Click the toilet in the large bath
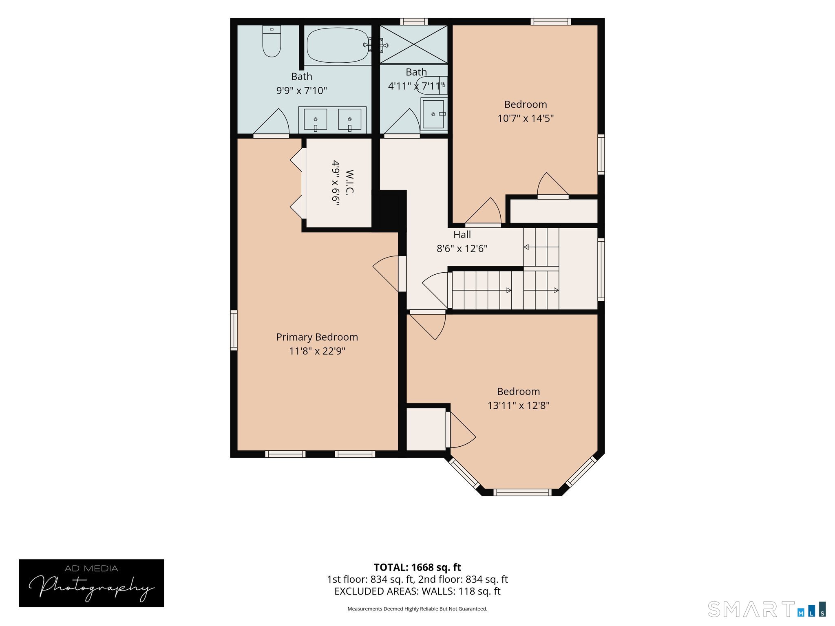coord(272,41)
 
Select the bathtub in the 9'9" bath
coord(338,45)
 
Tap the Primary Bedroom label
coord(317,337)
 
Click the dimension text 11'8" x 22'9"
coord(317,351)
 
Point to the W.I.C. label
coord(349,182)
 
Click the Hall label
coord(462,234)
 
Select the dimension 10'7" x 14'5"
coord(526,118)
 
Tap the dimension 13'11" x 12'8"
coord(519,406)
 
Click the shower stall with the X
coord(414,44)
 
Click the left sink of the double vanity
coord(315,119)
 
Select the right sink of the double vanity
coord(349,119)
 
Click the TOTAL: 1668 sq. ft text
coord(417,567)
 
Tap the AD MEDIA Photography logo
coord(91,583)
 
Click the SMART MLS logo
coord(767,609)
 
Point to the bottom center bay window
coord(522,492)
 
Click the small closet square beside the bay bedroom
coord(426,429)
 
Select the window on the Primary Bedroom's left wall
coord(234,330)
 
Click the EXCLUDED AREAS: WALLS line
coord(417,591)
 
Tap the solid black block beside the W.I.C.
coord(389,211)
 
